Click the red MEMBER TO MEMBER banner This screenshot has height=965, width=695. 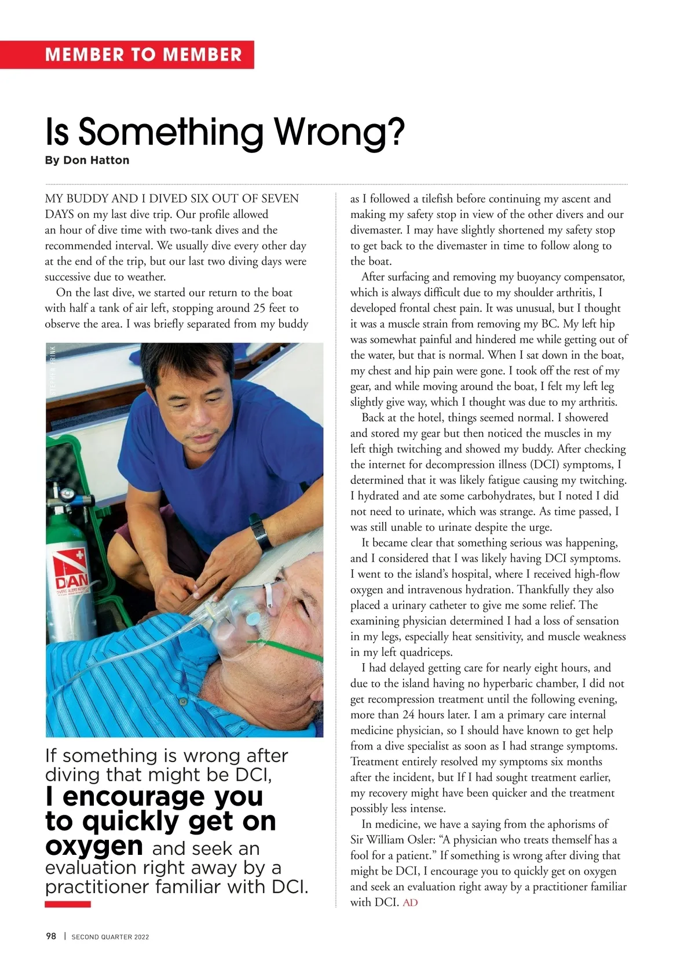tap(143, 55)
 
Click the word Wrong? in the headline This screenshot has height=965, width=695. tap(339, 132)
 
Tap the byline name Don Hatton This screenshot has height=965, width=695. tap(96, 160)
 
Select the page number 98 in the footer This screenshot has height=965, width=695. tap(51, 936)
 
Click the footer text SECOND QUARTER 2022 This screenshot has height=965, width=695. tap(110, 937)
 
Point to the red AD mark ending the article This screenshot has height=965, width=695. tap(410, 902)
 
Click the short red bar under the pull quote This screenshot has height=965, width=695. tap(68, 904)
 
